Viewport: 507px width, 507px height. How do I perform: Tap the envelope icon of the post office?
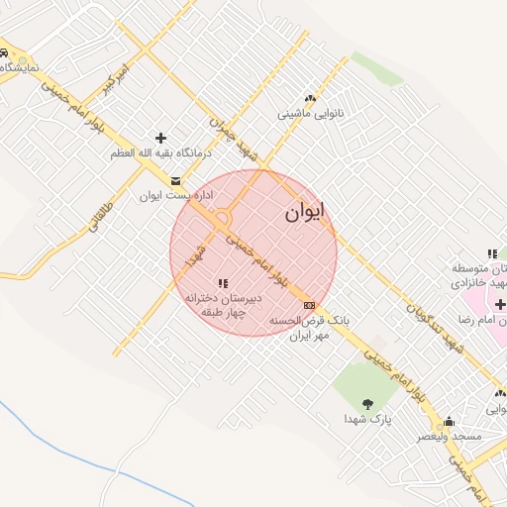click(176, 180)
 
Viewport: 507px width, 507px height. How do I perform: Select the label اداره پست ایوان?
click(163, 196)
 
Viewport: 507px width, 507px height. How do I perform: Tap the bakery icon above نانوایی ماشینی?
click(311, 98)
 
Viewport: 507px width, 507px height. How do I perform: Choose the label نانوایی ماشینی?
click(310, 114)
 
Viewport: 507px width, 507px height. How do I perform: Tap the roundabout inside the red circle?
click(221, 218)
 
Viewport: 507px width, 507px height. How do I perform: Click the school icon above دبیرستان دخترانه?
click(223, 283)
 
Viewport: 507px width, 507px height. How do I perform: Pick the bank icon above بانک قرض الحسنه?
click(310, 304)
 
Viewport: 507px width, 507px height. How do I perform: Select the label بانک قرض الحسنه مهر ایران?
click(310, 329)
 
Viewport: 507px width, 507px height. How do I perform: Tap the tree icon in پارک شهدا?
click(368, 402)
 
